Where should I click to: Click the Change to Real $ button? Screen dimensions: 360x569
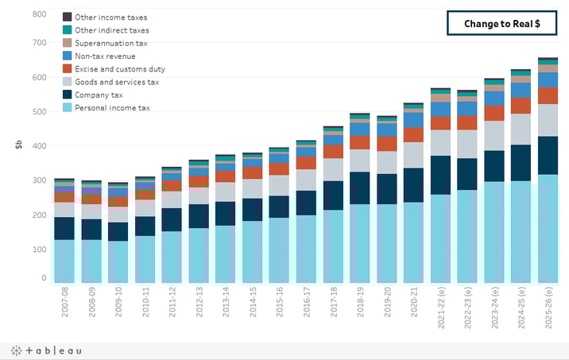coord(502,24)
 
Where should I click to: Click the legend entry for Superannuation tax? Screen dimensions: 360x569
coord(110,43)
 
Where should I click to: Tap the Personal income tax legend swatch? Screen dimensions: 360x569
coord(68,107)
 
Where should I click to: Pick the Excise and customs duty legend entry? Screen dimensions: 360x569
coord(119,69)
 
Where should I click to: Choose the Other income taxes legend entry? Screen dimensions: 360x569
coord(110,17)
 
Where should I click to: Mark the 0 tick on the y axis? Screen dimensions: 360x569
coord(44,278)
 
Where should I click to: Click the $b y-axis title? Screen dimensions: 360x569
coord(17,145)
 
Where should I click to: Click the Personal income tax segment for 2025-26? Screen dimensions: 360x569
coord(548,229)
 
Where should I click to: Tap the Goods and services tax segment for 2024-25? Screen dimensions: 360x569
coord(521,129)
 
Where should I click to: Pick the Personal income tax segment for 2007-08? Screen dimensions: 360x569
coord(64,261)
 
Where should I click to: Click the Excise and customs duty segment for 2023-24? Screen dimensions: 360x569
coord(494,113)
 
